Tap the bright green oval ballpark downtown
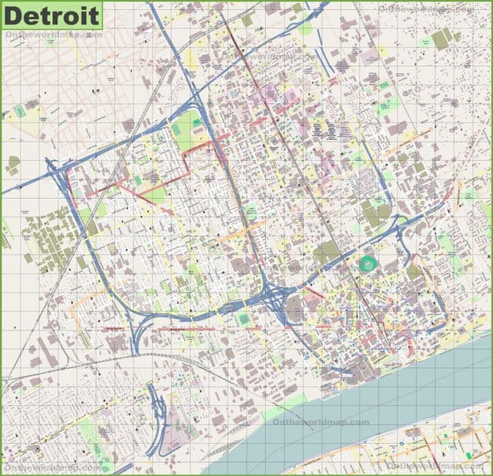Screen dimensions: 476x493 [x=367, y=264]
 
